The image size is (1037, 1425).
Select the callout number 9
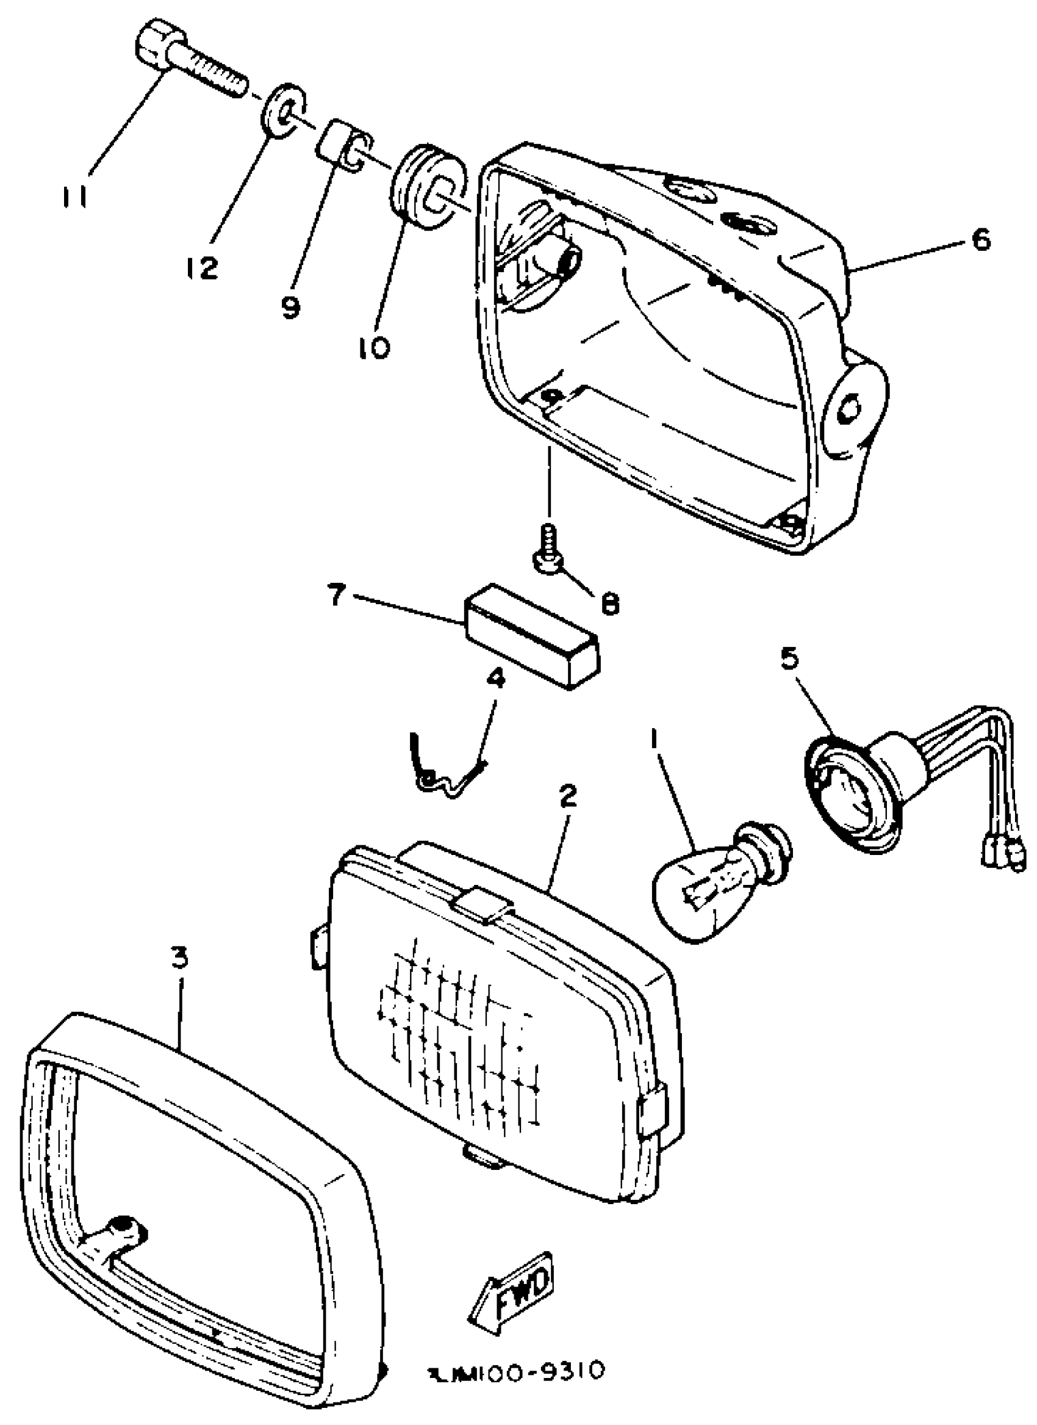(290, 308)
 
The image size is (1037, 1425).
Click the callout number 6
(980, 239)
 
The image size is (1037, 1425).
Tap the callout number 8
(609, 604)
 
